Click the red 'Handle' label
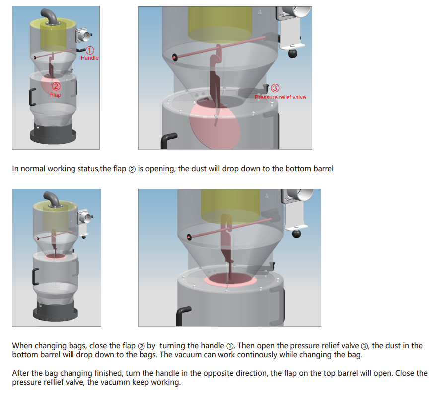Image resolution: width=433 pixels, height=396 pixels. (89, 58)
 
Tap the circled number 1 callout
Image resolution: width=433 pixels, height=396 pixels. (90, 50)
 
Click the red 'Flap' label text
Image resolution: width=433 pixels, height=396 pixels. (56, 95)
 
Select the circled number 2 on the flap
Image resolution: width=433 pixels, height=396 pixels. (56, 86)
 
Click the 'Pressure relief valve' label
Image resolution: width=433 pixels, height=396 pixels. (280, 97)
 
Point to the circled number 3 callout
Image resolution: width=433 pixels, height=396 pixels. (275, 88)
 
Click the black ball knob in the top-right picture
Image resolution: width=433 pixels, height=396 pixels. (292, 53)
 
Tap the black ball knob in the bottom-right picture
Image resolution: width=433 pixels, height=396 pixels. (297, 233)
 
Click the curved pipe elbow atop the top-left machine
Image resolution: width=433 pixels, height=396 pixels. (49, 16)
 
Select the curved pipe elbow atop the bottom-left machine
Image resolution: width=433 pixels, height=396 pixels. (52, 198)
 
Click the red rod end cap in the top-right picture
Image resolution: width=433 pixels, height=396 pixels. (174, 57)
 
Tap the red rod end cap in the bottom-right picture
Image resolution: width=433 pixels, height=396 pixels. (189, 237)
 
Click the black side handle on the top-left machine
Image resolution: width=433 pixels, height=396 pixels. (32, 97)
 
